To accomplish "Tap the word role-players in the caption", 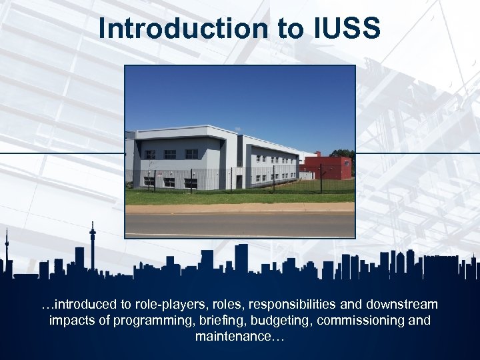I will click(x=170, y=305).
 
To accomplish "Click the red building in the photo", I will click(x=333, y=168).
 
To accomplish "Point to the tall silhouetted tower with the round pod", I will click(x=93, y=243).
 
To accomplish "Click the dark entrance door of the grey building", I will click(x=239, y=181).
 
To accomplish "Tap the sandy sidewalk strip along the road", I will click(x=240, y=208).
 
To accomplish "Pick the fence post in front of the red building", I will click(x=321, y=179).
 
